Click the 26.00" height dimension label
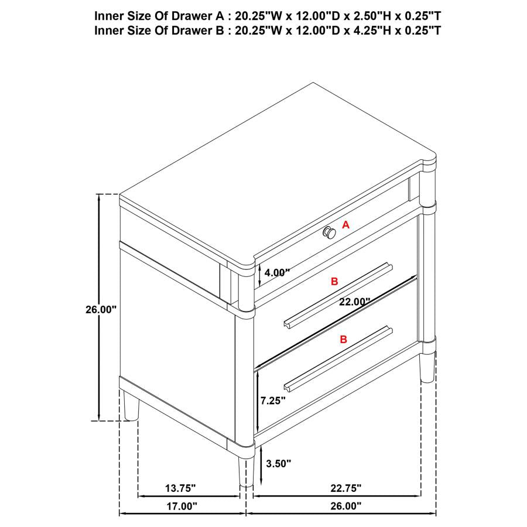(101, 310)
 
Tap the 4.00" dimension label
(277, 272)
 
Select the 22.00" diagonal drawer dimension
(354, 302)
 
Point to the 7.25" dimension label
(273, 401)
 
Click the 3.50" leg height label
(278, 464)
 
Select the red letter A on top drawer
(345, 224)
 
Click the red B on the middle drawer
(334, 282)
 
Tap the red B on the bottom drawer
(343, 339)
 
